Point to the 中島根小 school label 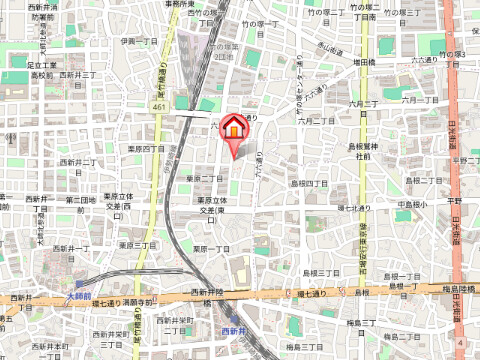411,205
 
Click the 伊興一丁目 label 140,42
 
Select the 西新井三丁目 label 77,74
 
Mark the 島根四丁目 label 309,183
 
